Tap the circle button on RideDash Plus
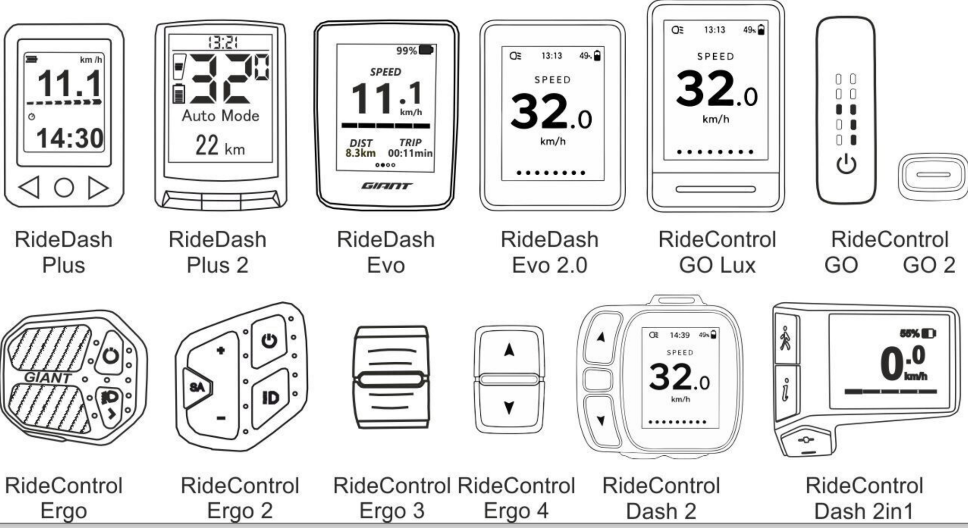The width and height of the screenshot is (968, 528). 64,187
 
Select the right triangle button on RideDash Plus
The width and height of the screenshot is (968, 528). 98,187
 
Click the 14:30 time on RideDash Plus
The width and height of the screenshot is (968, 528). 70,138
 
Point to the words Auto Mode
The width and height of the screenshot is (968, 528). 221,116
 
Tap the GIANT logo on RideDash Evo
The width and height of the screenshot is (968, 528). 386,186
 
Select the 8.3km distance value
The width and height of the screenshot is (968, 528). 361,153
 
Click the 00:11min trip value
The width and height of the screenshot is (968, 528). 410,153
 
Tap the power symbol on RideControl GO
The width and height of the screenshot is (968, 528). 846,165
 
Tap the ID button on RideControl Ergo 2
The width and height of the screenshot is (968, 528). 271,398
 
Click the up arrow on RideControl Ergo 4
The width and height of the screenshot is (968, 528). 509,350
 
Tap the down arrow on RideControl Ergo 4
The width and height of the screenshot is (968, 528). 509,407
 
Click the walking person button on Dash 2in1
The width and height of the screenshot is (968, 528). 786,338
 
